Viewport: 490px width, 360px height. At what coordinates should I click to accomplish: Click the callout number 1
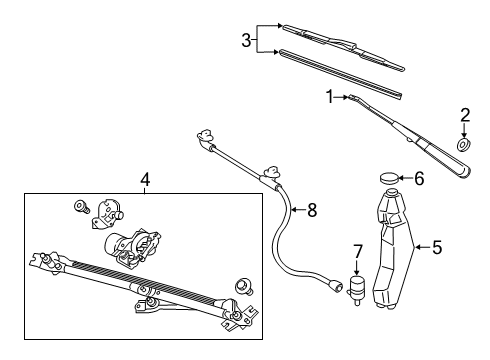pyautogui.click(x=327, y=97)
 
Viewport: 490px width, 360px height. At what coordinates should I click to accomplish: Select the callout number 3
pyautogui.click(x=246, y=41)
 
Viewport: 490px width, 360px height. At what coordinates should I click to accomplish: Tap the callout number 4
pyautogui.click(x=144, y=180)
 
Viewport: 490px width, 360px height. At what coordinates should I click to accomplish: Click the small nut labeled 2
pyautogui.click(x=463, y=145)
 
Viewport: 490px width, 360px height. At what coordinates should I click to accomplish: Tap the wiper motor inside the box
pyautogui.click(x=130, y=244)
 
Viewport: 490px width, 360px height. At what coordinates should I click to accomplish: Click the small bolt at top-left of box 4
pyautogui.click(x=79, y=208)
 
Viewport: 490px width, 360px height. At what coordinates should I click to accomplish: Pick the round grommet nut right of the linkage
pyautogui.click(x=241, y=287)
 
